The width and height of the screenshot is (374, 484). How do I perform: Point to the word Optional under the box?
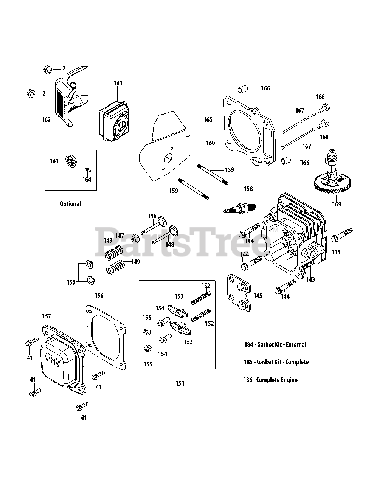pos(70,204)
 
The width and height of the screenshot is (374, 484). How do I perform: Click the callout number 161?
pos(118,83)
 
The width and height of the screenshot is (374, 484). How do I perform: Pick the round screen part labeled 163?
pos(71,161)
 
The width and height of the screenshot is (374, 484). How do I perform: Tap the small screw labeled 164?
pos(88,171)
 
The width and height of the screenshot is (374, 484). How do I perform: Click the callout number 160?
pos(210,143)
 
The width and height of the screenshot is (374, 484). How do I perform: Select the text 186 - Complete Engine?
pos(270,380)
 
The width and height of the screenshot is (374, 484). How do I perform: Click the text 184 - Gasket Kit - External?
pos(275,344)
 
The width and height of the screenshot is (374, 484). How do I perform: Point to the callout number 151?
pos(180,383)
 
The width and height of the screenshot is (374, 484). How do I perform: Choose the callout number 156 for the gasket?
pos(99,295)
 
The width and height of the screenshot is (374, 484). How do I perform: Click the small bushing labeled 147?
pos(135,238)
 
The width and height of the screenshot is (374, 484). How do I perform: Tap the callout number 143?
pos(310,279)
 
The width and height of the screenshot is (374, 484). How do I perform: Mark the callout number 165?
pos(208,119)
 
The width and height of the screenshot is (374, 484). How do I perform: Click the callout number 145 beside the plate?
pos(258,296)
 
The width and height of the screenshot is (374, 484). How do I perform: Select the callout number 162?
pos(47,119)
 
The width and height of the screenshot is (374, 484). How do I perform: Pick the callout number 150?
pos(71,282)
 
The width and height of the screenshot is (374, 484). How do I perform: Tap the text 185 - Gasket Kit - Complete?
pos(276,362)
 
